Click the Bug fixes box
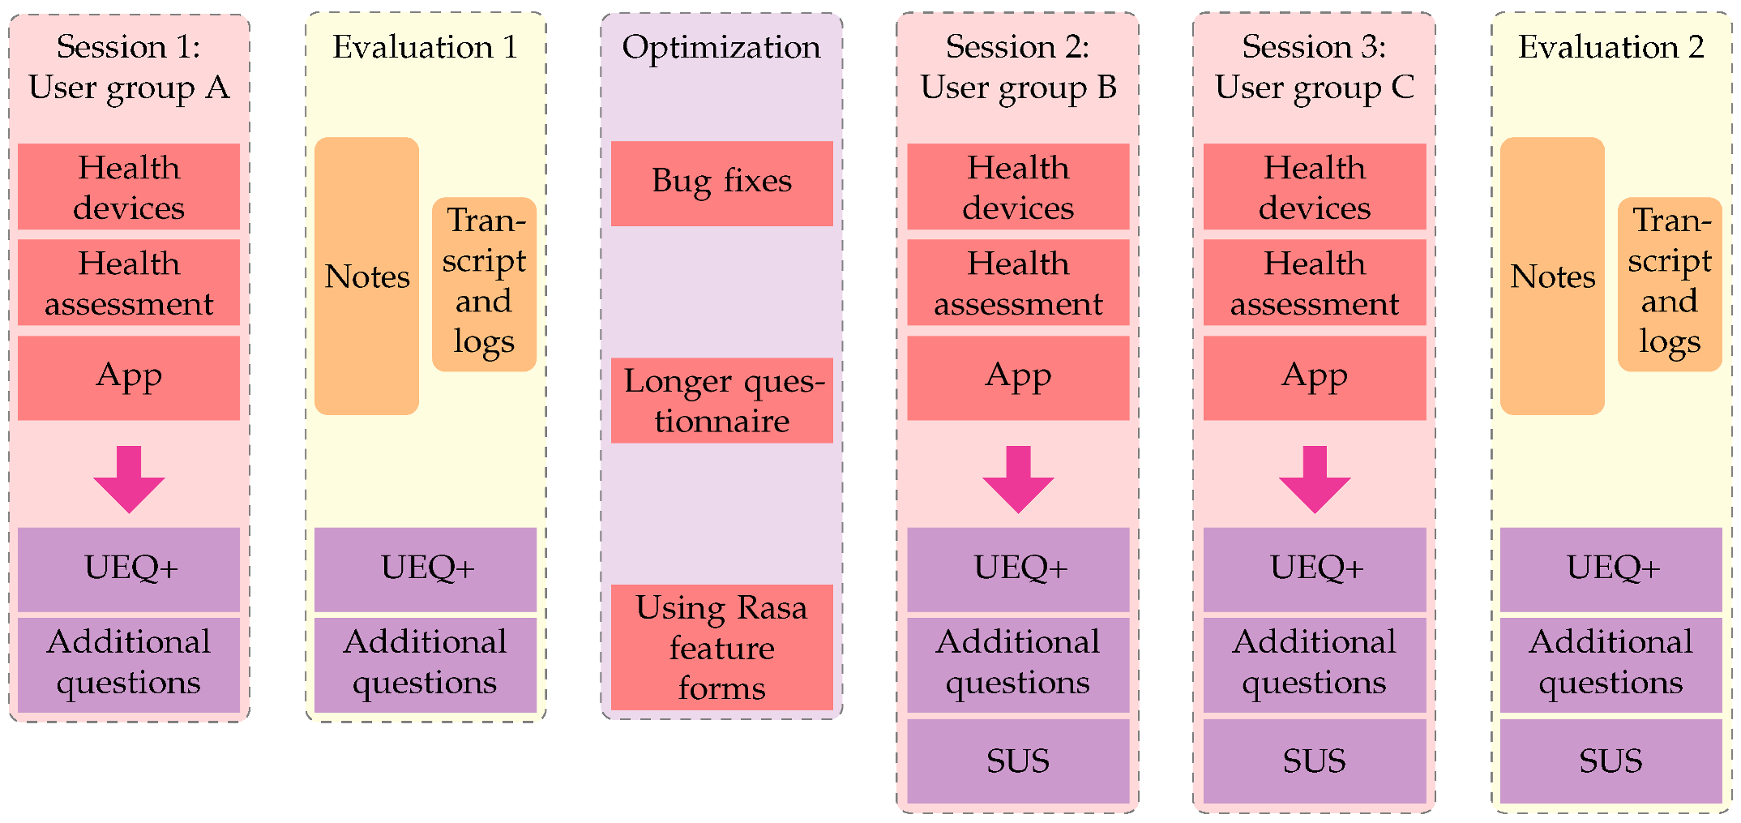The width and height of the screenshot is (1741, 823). [x=721, y=183]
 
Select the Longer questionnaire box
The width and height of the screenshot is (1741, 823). [x=721, y=401]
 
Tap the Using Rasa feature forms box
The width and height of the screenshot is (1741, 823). [x=721, y=647]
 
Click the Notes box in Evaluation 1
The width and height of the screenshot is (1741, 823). [x=366, y=276]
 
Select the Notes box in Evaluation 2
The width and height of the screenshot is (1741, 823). [x=1552, y=276]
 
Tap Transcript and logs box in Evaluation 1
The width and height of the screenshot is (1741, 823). [x=484, y=284]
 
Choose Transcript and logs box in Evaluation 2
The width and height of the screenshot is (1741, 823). [x=1670, y=284]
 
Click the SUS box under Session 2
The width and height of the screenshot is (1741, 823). [x=1018, y=761]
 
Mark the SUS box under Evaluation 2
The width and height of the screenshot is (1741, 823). [x=1611, y=761]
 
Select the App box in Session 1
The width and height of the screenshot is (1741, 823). [x=129, y=378]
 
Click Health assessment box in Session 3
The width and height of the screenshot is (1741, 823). [x=1315, y=282]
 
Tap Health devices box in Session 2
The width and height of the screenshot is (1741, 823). [x=1018, y=186]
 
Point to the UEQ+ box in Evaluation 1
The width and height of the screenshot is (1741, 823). [x=426, y=569]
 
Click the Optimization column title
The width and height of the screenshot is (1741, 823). [x=721, y=48]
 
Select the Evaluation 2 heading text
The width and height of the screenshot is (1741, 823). [x=1611, y=48]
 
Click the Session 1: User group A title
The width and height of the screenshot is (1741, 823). [x=129, y=67]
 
